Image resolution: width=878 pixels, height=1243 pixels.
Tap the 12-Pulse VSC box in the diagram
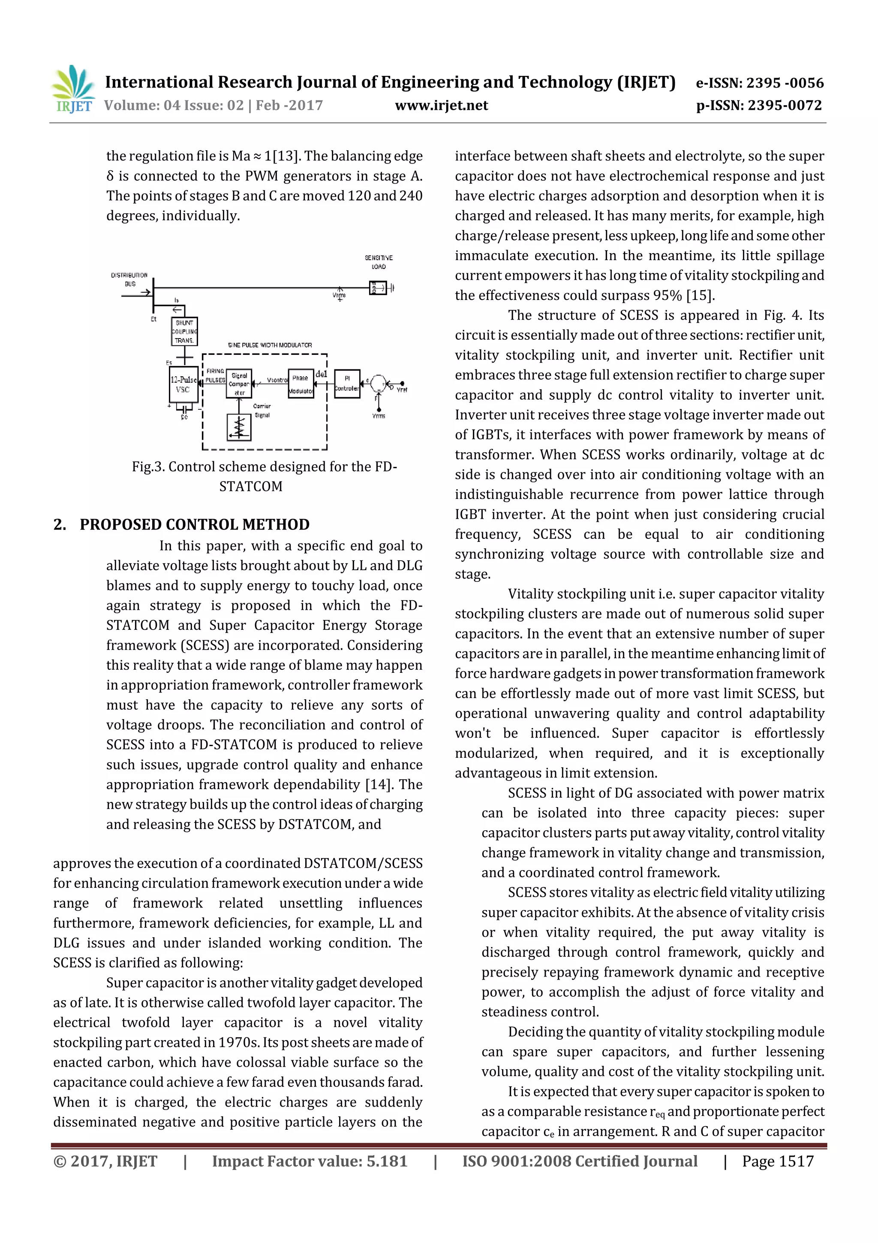pyautogui.click(x=183, y=384)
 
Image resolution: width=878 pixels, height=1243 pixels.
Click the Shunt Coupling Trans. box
pyautogui.click(x=184, y=331)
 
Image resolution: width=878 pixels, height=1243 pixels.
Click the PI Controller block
pyautogui.click(x=347, y=384)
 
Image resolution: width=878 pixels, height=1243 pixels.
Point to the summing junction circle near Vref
pyautogui.click(x=379, y=383)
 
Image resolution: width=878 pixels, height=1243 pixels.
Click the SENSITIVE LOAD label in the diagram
pyautogui.click(x=378, y=262)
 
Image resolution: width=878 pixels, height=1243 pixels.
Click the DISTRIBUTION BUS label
pyautogui.click(x=129, y=279)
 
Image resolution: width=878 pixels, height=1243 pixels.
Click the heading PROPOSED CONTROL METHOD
pyautogui.click(x=194, y=525)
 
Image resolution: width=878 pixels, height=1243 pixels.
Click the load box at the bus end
pyautogui.click(x=378, y=288)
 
